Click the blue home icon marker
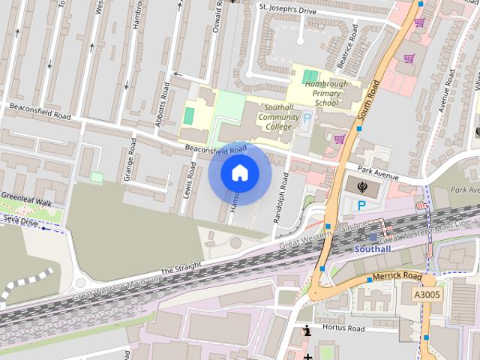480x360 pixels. pos(239,173)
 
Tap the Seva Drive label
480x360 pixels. pos(19,220)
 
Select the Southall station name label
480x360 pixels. pos(373,248)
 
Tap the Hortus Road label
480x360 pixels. pos(343,328)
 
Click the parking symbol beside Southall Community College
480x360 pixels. pos(307,118)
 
